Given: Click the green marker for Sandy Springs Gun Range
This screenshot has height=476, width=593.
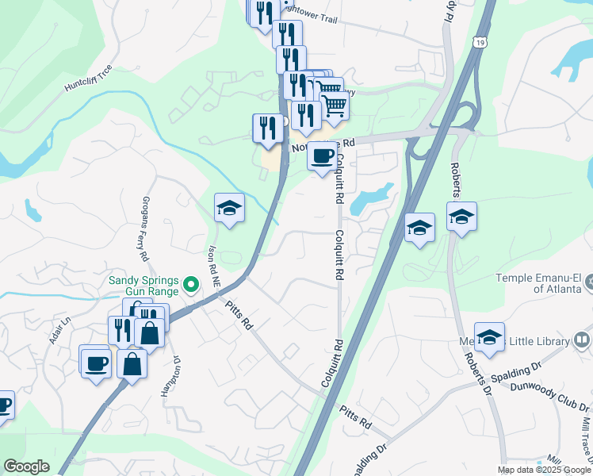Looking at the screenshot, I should pos(190,284).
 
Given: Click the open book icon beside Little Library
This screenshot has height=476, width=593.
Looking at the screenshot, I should pos(582,341).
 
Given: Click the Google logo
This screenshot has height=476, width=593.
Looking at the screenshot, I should pos(26,466).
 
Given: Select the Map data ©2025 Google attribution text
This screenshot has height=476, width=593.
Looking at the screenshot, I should pos(543,470).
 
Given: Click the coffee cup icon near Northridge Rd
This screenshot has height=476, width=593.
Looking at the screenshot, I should pos(322,156).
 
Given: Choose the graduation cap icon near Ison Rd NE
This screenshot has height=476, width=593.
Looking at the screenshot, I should pos(230,208).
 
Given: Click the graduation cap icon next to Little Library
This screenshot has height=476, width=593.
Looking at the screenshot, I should pos(489,337).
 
